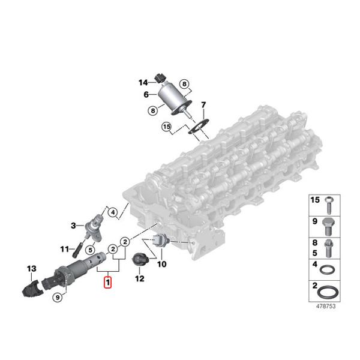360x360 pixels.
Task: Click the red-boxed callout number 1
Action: pos(107,281)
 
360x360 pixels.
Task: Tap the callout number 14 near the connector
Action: pos(143,82)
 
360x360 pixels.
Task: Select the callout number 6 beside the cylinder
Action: pos(146,94)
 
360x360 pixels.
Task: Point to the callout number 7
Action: pos(203,107)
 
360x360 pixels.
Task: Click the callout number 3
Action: pos(73,226)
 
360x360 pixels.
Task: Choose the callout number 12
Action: pos(139,278)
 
